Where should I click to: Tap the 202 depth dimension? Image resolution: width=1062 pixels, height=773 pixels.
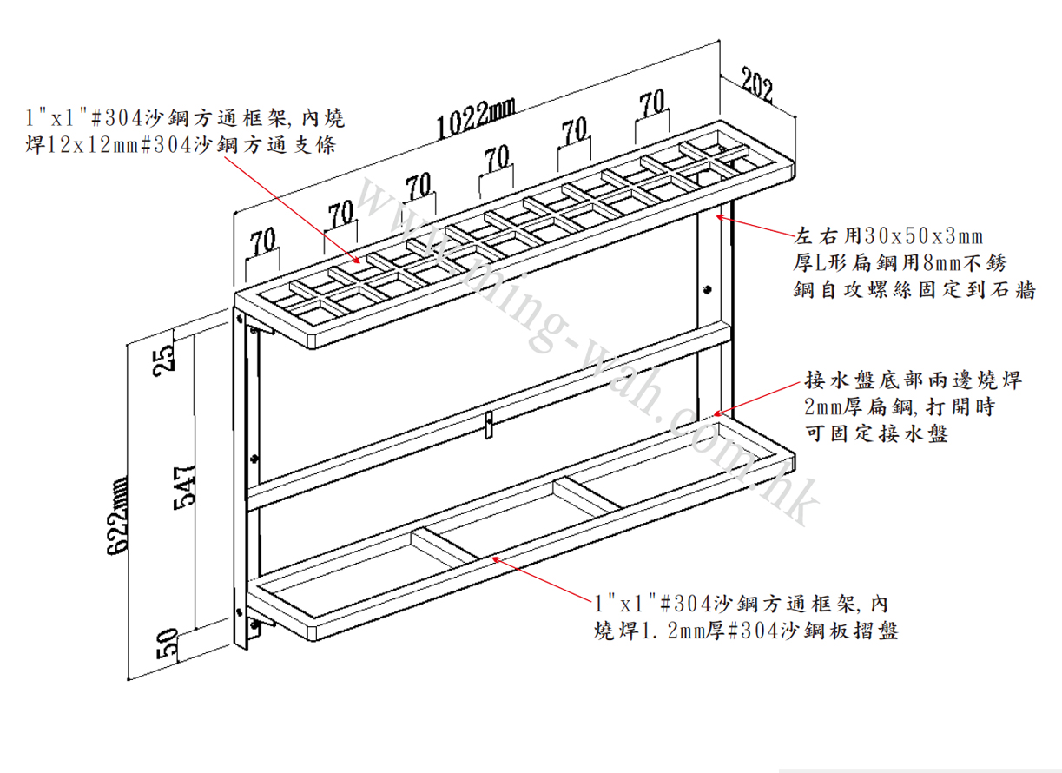pos(757,84)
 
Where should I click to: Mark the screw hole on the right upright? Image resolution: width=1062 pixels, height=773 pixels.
pos(707,288)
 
